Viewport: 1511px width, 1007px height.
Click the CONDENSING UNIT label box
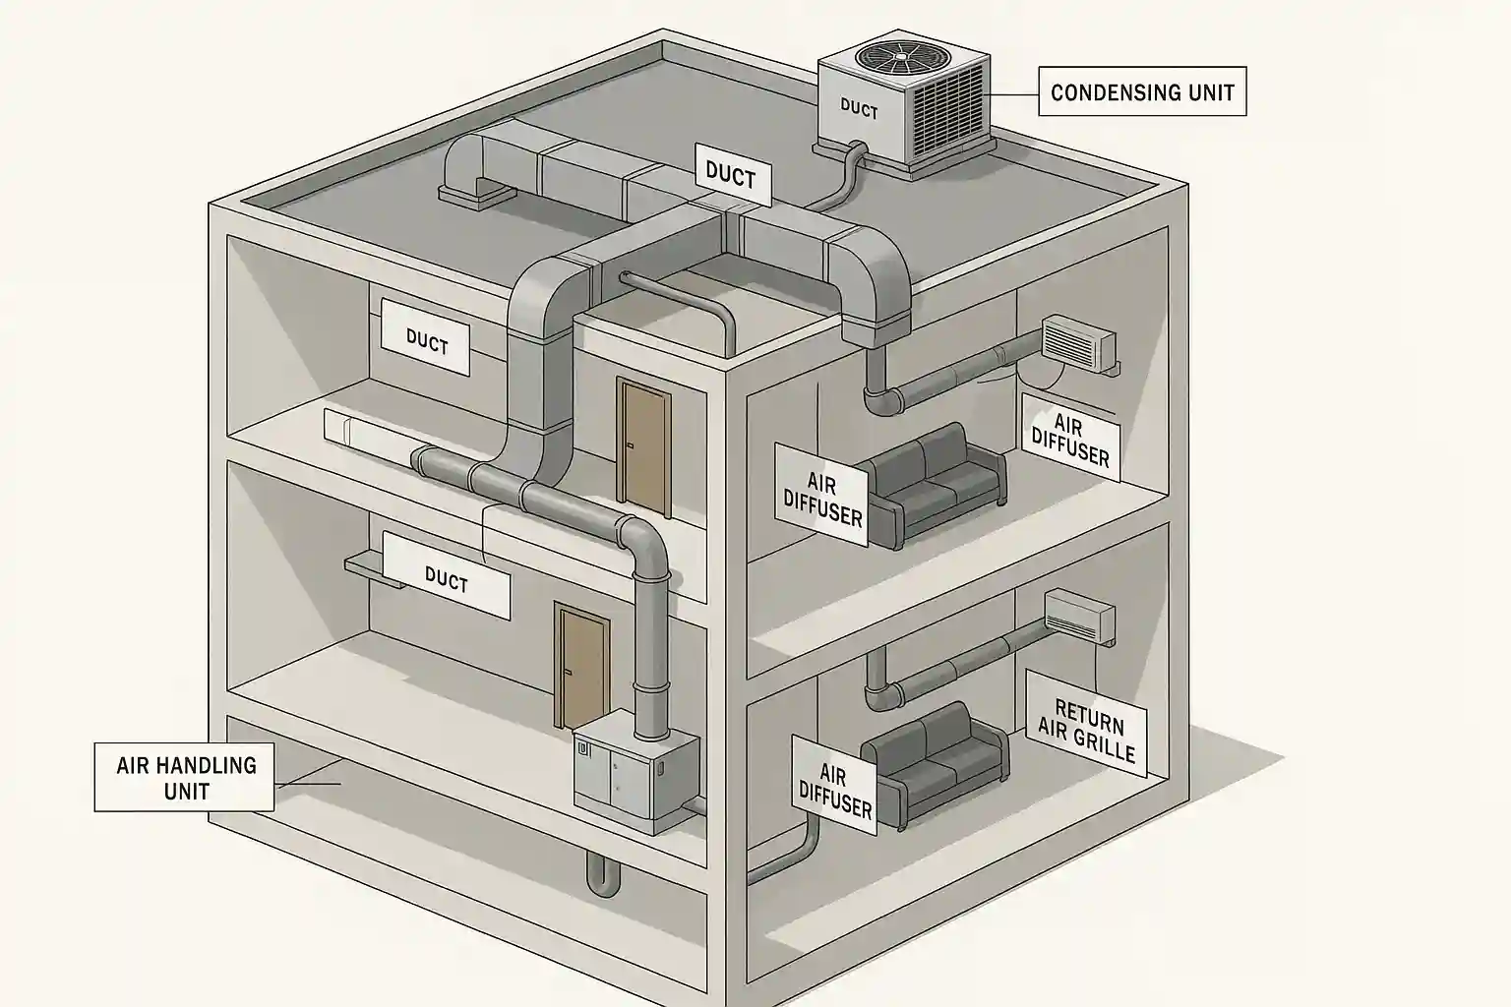(1142, 93)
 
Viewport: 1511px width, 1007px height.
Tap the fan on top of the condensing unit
(899, 58)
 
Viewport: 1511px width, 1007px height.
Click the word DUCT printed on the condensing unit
(859, 109)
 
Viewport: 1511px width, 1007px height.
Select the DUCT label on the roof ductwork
(731, 177)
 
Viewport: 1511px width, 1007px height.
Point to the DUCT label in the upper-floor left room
(426, 341)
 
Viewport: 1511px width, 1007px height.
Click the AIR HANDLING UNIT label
(185, 777)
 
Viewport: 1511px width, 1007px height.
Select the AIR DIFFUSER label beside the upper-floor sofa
(822, 499)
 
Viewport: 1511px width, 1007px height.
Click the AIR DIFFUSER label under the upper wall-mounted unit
(1069, 439)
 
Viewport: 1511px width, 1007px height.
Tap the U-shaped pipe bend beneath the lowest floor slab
(603, 875)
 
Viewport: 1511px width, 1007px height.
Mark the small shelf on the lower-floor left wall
(373, 568)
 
